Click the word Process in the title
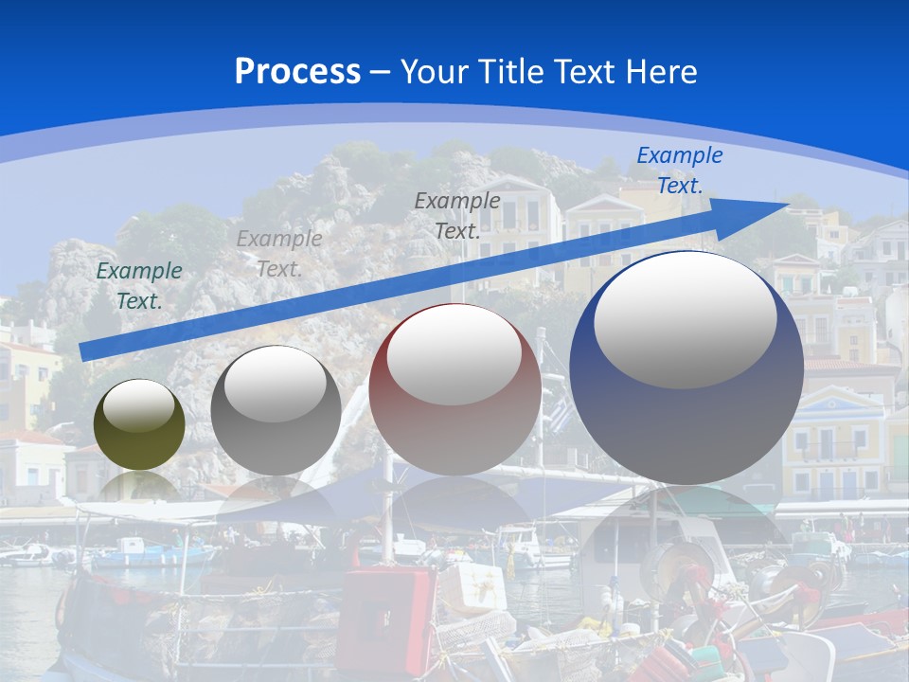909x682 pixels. coord(297,72)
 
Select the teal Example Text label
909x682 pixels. coord(139,285)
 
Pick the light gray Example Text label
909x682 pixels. coord(279,253)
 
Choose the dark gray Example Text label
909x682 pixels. coord(457,215)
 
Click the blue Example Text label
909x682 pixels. coord(680,170)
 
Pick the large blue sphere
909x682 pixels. coord(686,417)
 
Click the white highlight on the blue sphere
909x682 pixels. coord(686,317)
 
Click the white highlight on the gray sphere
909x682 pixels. coord(275,383)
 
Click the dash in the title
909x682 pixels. coord(381,72)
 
